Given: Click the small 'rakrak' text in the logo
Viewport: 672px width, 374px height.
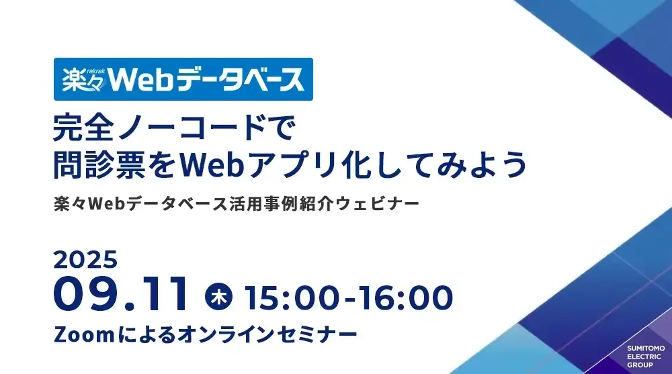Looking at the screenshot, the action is [96, 72].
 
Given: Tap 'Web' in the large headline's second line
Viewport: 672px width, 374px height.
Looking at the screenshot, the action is [211, 165].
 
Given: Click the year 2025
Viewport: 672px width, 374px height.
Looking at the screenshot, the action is [85, 260].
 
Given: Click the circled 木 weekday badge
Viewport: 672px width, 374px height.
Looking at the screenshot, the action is [218, 297].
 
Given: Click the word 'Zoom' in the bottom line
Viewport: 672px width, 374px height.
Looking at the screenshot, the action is [84, 334].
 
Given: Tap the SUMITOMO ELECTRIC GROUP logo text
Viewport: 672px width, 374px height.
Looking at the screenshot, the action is [646, 357].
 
